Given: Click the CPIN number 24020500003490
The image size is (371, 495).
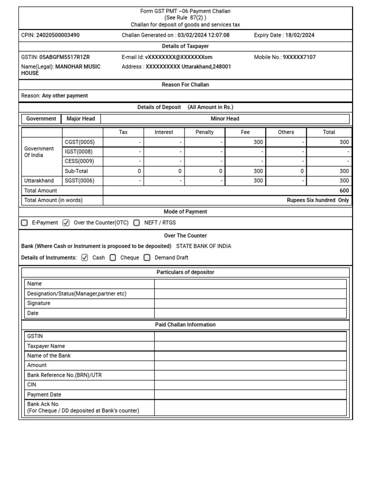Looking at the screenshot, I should (x=58, y=35).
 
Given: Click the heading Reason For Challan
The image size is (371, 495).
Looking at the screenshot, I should (x=185, y=85).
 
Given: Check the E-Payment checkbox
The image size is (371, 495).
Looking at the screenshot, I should (x=25, y=223).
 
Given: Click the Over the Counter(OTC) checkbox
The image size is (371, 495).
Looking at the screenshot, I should (x=66, y=223).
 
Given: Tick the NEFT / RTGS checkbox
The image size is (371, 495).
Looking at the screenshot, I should (x=137, y=223).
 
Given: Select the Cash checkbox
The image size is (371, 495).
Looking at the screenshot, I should (x=85, y=258).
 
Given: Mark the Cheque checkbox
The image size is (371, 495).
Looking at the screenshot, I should (x=113, y=258).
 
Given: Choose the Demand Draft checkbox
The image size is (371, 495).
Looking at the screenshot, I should (x=147, y=258).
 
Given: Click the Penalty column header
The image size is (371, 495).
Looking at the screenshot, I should (x=204, y=132).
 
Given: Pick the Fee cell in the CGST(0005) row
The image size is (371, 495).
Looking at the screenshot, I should (x=245, y=142).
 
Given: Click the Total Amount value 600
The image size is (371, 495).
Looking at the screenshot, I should (x=344, y=190).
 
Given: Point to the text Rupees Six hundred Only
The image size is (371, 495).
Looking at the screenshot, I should (x=317, y=200).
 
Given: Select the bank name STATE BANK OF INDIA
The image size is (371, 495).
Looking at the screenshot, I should (x=203, y=246).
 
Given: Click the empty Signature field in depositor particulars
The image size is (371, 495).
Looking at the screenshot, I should (x=250, y=304).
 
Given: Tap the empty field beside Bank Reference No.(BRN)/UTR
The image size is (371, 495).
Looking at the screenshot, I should (x=250, y=375).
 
